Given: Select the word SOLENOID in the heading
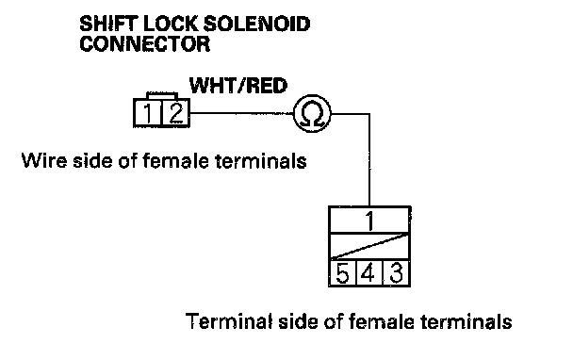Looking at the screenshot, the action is [256, 25].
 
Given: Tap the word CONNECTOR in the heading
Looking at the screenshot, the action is [145, 44].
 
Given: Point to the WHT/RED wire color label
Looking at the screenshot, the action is [238, 86].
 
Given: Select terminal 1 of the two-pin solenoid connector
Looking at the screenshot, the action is [148, 113].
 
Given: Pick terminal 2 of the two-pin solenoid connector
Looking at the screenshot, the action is [175, 113].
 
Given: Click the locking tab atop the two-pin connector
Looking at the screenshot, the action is [162, 96].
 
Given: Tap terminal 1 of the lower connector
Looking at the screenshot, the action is [369, 220].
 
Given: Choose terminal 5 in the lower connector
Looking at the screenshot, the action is [342, 273].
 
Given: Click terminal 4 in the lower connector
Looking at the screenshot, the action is [368, 273].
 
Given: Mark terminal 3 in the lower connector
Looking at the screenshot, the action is [396, 273].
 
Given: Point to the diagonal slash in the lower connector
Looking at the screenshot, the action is [369, 246].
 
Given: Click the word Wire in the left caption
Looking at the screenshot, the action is [44, 160].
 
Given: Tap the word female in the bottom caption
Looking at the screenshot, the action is [382, 321].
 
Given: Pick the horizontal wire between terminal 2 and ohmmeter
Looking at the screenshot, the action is [242, 113].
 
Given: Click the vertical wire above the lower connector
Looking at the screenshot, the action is [369, 160].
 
